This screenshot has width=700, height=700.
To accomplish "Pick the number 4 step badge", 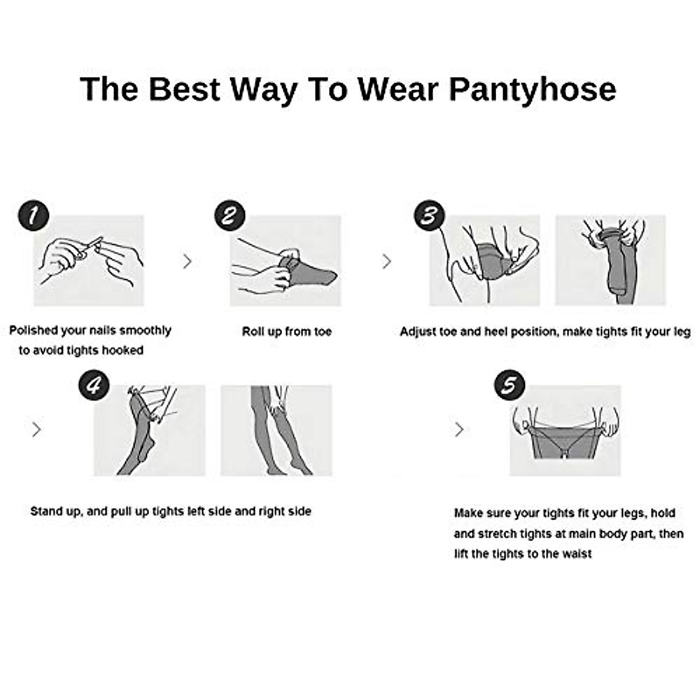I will coord(93,386).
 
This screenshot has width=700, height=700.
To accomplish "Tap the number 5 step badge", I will coord(509,386).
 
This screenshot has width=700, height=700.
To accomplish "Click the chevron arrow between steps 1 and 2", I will coord(187,261).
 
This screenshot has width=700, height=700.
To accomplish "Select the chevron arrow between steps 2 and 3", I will coord(387,261).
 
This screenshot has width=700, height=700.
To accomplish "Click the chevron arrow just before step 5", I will coord(460,430).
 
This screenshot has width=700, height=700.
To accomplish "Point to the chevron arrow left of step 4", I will coord(37,430).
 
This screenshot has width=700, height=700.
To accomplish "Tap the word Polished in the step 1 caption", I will coord(33,331).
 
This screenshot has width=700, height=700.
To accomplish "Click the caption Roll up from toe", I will coord(286,331).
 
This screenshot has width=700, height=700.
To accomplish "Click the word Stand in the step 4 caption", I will coord(45,512).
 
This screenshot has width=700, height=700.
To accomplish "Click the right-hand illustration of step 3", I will coord(610,260).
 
